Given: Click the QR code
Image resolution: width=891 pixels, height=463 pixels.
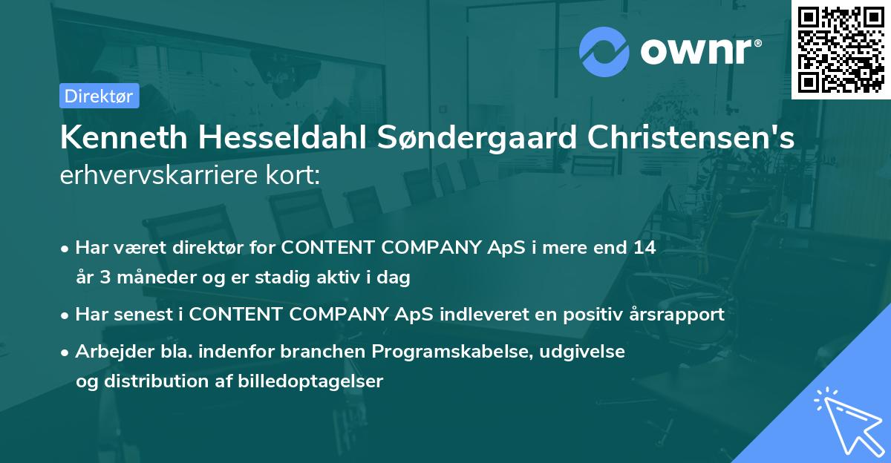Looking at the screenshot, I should (x=841, y=49).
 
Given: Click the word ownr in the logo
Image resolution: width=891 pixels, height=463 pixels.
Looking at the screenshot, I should (x=699, y=52).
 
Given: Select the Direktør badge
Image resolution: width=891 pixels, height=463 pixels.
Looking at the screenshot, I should (x=99, y=96).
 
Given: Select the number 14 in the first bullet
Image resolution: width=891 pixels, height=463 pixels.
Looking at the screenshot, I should (x=644, y=248).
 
